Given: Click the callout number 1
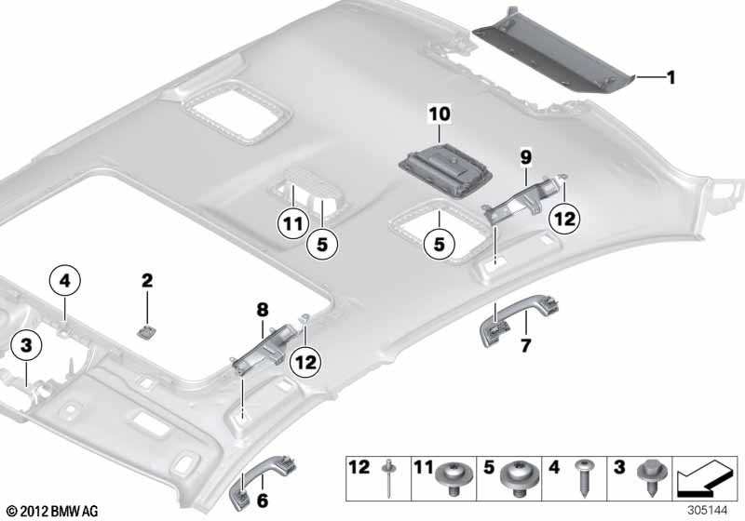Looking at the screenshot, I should coord(670,78).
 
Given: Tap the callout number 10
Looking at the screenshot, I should coord(439,114).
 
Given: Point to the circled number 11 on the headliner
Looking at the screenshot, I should coord(293,223).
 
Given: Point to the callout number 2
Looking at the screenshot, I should coord(146,279).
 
